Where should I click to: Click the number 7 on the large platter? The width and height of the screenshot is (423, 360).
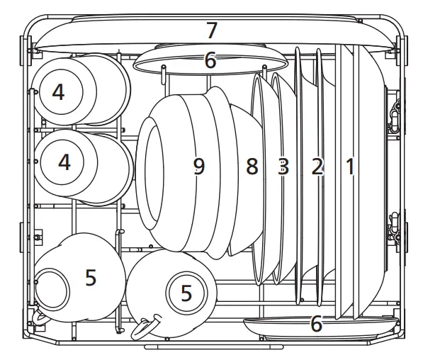pyautogui.click(x=211, y=30)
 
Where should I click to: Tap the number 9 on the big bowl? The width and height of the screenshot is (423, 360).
pyautogui.click(x=199, y=166)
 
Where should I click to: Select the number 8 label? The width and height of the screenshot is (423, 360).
pyautogui.click(x=252, y=167)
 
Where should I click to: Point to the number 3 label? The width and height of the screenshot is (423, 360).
pyautogui.click(x=283, y=167)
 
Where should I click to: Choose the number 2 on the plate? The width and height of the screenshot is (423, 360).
pyautogui.click(x=317, y=167)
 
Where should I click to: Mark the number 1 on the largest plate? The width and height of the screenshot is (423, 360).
pyautogui.click(x=349, y=167)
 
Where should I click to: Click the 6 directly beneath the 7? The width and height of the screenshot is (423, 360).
pyautogui.click(x=210, y=61)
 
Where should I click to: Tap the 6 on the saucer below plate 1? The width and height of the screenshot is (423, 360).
pyautogui.click(x=316, y=325)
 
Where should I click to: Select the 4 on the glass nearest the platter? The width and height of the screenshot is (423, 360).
pyautogui.click(x=58, y=92)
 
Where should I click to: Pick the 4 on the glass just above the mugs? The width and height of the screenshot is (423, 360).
pyautogui.click(x=64, y=162)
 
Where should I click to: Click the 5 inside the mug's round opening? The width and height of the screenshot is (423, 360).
pyautogui.click(x=186, y=293)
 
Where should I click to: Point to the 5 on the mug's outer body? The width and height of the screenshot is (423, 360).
pyautogui.click(x=91, y=277)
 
